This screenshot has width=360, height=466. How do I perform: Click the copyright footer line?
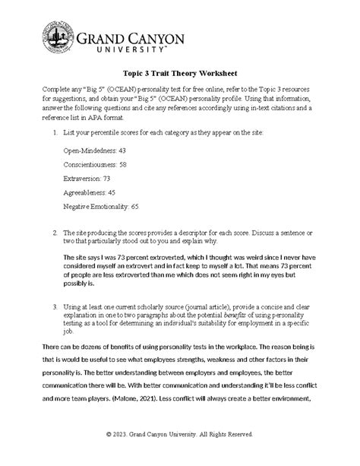tap(180, 434)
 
